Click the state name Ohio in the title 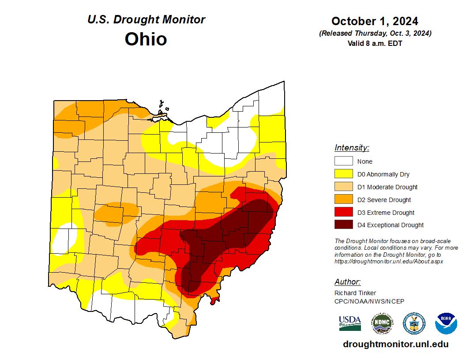[146, 39]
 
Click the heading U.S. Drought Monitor [146, 20]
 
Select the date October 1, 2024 [375, 21]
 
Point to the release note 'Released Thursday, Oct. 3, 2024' [375, 34]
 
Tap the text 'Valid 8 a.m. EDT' [375, 43]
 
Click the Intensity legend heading [352, 148]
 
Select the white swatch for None [343, 161]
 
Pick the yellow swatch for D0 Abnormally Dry [343, 174]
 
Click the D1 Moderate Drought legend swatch [343, 187]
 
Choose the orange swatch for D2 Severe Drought [343, 200]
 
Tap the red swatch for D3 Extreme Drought [343, 213]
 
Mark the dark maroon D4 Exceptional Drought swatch [343, 225]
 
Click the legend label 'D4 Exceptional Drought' [391, 225]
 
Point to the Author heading [347, 282]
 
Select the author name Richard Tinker [355, 293]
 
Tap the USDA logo [350, 323]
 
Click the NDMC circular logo [382, 323]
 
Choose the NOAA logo [446, 323]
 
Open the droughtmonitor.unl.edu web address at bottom [395, 344]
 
